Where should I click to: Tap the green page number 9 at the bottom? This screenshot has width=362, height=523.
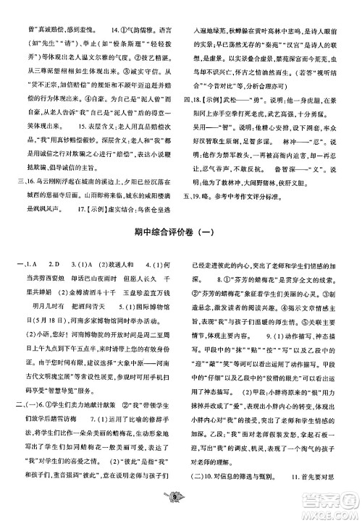(x=181, y=514)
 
